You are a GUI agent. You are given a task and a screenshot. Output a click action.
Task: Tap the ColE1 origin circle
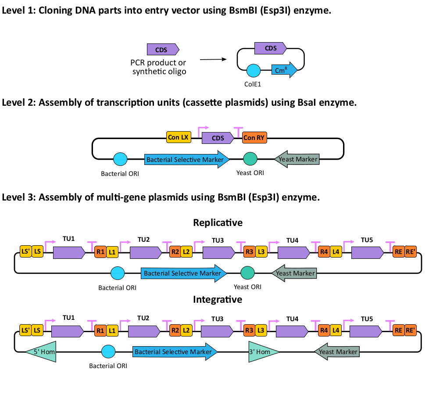coord(254,71)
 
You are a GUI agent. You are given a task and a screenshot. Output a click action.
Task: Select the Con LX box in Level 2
coord(179,138)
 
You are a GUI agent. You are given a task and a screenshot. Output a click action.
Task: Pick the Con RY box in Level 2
coord(254,138)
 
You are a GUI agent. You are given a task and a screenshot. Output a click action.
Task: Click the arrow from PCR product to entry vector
coord(213,59)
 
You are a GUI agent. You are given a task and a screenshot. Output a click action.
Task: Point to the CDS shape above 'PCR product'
coord(163,49)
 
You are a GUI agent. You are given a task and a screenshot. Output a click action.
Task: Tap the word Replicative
coord(218,223)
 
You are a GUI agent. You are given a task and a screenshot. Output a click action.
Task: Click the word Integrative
coord(218,300)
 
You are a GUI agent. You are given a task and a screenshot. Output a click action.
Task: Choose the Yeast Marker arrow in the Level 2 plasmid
coord(297,159)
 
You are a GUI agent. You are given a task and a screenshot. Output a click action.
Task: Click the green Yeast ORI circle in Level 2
coord(250,159)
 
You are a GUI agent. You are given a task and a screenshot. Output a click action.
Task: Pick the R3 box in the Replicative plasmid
coord(249,252)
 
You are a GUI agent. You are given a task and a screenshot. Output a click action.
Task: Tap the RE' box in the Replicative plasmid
coord(411,252)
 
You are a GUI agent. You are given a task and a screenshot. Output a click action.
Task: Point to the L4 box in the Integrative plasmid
coord(336,330)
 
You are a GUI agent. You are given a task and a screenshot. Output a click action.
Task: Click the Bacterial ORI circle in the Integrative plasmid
coord(108,351)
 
